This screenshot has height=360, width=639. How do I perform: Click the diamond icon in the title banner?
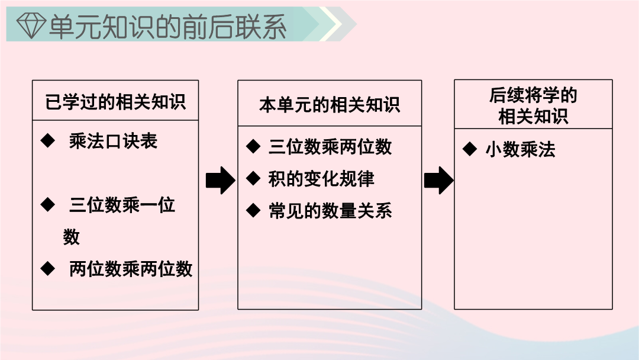point(31,25)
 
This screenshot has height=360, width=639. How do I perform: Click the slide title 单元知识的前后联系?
point(167,27)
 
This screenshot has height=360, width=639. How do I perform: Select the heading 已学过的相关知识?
point(115,101)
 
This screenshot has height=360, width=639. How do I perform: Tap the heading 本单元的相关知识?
point(330,105)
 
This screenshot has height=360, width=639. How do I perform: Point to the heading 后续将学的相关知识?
point(533,105)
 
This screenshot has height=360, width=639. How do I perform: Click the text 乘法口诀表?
point(113,141)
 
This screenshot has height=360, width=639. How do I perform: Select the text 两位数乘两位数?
point(130,269)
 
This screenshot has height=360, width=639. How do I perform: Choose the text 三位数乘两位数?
point(330,147)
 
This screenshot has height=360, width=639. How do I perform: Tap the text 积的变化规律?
point(321,179)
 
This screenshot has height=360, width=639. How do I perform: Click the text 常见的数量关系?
point(330,211)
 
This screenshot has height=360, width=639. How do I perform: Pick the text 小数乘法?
point(521,149)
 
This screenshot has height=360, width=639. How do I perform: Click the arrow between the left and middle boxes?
point(221,180)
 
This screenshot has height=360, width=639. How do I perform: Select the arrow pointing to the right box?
point(439,180)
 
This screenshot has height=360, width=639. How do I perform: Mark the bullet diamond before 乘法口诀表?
point(48,141)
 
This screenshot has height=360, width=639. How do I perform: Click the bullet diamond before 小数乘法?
point(470,149)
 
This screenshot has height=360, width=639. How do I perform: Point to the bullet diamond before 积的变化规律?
point(253,178)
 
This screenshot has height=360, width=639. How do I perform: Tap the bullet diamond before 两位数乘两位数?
point(48,269)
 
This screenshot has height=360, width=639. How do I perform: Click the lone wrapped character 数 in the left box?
point(72,237)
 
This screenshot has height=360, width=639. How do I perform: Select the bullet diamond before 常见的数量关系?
point(253,210)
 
